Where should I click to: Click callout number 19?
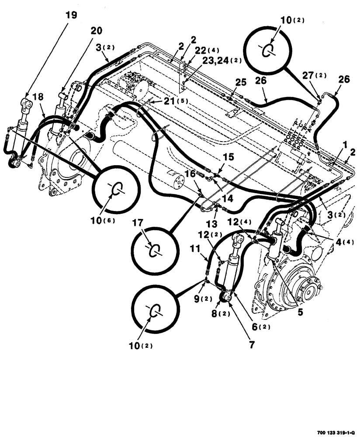[x=71, y=15]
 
